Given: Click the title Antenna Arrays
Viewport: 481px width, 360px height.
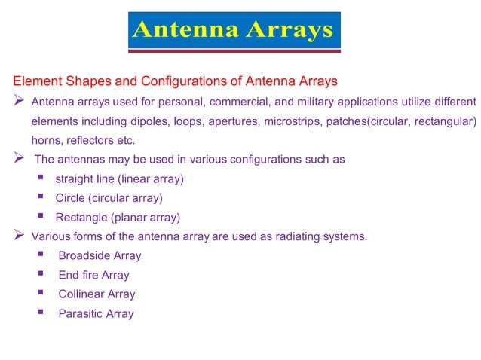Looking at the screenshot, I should [x=232, y=30].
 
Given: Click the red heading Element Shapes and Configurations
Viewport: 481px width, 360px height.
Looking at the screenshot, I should [x=175, y=81].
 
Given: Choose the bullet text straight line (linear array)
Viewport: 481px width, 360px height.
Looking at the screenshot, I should [x=120, y=179].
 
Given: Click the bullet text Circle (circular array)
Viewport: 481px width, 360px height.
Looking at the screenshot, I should [x=109, y=199].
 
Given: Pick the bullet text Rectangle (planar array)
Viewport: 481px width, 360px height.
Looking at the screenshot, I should [x=118, y=218].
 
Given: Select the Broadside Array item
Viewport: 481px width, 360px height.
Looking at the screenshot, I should [x=100, y=256].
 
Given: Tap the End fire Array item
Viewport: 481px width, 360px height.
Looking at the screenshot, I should [x=93, y=276].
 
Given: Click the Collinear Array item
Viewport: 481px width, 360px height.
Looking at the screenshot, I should [x=97, y=294].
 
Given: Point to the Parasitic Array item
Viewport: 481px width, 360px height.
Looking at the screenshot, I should [x=96, y=314].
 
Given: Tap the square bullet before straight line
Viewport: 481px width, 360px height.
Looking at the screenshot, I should [x=40, y=178].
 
